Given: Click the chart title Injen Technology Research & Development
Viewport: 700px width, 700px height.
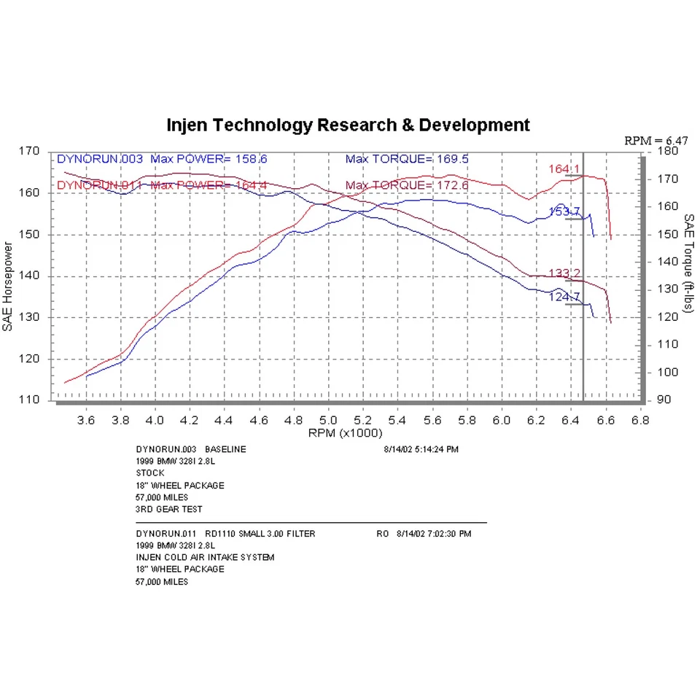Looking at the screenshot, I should (x=349, y=125).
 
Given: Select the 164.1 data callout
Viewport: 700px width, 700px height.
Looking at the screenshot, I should (x=564, y=169).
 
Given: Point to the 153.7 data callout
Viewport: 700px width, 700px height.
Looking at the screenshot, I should (x=564, y=212).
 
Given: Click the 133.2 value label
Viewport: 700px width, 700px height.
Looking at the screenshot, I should (x=564, y=273).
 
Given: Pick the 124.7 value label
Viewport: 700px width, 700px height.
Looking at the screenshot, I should (x=564, y=297).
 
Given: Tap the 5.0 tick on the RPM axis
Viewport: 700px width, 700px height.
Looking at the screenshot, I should (x=328, y=421).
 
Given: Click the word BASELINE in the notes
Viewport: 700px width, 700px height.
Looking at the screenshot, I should (x=225, y=449).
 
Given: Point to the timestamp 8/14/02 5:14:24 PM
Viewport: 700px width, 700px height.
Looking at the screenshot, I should (x=421, y=449).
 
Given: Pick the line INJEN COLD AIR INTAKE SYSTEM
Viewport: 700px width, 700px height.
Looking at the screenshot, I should (x=205, y=558).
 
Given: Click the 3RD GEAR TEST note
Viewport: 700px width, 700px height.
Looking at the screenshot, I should (x=169, y=509).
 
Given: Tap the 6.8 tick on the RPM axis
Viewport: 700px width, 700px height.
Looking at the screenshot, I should (x=639, y=421).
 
